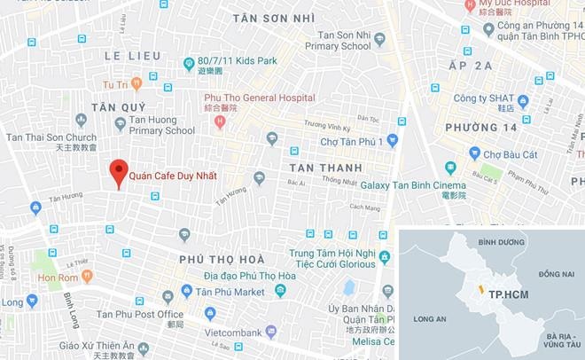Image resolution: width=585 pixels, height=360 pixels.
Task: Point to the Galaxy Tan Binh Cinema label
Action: [413, 184]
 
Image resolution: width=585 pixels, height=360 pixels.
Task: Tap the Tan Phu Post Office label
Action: [140, 314]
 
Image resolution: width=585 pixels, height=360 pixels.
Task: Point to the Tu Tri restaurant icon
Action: [136, 84]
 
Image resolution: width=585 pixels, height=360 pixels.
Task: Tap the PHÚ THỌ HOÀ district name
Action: [222, 259]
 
